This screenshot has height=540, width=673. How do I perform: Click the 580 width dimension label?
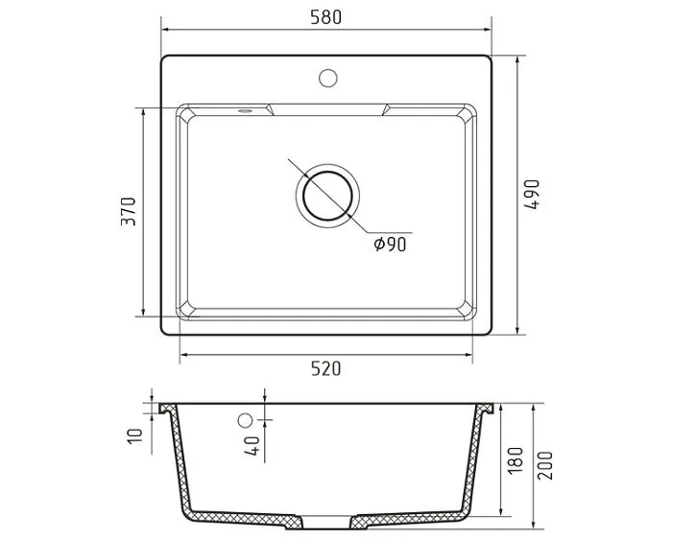click(x=325, y=17)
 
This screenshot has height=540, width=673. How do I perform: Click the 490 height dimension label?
click(x=531, y=195)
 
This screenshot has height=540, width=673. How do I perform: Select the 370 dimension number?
click(x=129, y=211)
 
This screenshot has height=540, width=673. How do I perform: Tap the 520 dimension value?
click(x=325, y=369)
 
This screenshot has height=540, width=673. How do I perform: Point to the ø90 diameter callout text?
click(x=390, y=245)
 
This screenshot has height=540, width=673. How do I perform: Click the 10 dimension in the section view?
click(x=134, y=435)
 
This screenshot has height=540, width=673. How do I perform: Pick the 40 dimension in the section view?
click(x=252, y=446)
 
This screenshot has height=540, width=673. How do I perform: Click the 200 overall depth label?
click(x=545, y=465)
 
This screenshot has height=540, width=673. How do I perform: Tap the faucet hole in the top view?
click(x=328, y=78)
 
